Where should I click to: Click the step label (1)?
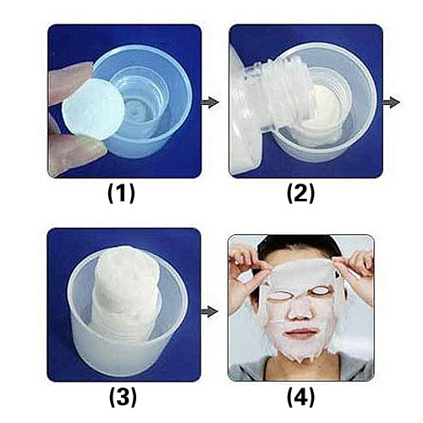coord(121,194)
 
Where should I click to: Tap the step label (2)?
coord(300,194)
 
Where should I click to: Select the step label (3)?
coord(123,397)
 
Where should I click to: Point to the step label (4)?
coord(300,397)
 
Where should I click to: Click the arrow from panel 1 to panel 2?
coord(210,102)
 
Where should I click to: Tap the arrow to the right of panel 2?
coord(391,102)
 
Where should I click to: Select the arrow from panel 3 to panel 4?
coord(210,311)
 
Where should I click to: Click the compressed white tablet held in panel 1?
coord(94,109)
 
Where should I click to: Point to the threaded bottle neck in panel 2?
coord(279,93)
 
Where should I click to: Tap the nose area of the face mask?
coord(299,311)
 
